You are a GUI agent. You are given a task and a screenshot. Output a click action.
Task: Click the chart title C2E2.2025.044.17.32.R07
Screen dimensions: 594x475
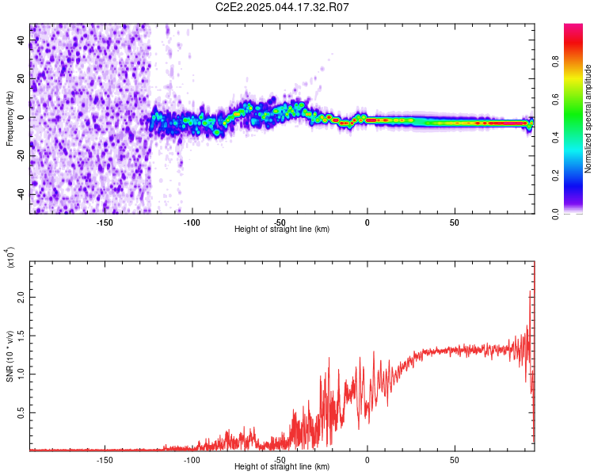(x=282, y=7)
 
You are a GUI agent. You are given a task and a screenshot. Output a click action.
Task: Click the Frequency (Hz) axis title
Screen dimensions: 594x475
(x=10, y=119)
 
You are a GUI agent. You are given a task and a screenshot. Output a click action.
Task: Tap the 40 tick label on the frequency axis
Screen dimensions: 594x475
(x=21, y=40)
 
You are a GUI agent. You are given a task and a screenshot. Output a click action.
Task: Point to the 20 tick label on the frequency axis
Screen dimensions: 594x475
(x=21, y=79)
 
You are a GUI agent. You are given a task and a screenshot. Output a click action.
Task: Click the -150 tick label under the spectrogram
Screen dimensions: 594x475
(x=105, y=222)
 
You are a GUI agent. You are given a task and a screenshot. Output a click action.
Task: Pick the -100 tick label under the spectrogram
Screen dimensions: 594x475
(x=192, y=222)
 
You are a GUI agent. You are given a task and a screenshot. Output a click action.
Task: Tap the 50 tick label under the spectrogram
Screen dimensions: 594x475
(x=455, y=222)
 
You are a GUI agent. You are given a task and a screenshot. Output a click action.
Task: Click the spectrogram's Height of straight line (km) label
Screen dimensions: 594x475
(x=282, y=229)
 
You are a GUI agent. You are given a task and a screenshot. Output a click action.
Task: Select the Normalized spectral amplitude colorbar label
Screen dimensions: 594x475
(x=588, y=119)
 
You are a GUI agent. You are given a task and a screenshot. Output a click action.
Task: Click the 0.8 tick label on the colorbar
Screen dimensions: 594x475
(x=555, y=62)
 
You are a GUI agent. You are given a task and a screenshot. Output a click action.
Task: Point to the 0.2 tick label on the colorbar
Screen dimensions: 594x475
(x=555, y=176)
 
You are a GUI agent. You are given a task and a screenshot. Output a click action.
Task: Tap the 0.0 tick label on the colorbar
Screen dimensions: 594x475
(x=555, y=214)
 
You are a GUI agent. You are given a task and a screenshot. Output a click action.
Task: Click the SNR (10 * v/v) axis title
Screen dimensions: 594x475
(x=10, y=356)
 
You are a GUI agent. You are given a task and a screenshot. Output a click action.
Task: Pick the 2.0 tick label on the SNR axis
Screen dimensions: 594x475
(x=21, y=298)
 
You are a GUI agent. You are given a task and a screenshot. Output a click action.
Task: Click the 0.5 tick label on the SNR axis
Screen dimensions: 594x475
(x=21, y=413)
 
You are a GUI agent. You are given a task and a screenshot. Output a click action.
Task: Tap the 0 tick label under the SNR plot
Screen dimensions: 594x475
(x=367, y=460)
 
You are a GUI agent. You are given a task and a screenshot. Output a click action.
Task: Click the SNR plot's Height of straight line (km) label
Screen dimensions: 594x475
(x=282, y=466)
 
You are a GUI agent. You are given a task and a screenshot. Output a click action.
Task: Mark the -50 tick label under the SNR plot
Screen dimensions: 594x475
(x=280, y=460)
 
